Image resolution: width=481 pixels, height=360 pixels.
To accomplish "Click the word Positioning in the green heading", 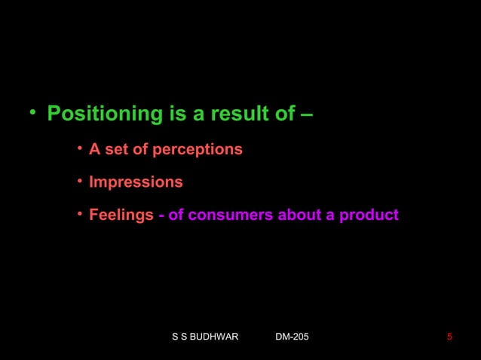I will pos(105,115).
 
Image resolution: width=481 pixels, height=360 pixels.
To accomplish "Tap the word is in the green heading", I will pos(176,115).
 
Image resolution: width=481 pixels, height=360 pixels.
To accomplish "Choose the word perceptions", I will pos(198,150).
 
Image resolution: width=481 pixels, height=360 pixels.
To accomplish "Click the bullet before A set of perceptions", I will pos(79,149).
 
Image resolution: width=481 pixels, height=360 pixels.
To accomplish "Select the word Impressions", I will pos(136,183).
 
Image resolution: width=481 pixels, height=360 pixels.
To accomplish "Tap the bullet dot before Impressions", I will pos(79,182).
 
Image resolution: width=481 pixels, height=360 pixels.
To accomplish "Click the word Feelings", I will pos(121,216).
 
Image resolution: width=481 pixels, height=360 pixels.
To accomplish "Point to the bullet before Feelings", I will pos(79,215).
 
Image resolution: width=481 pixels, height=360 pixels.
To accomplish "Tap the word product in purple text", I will pos(369,216).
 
